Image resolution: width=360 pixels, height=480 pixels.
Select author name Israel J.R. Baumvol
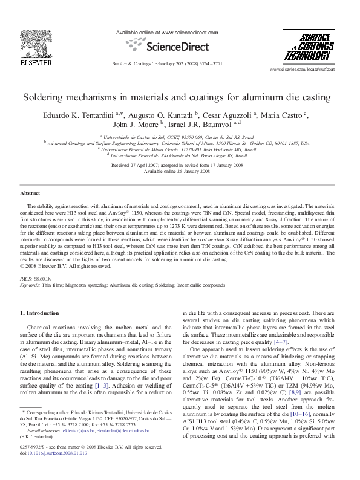[209, 123]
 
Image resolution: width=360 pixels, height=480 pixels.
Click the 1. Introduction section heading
[39, 313]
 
